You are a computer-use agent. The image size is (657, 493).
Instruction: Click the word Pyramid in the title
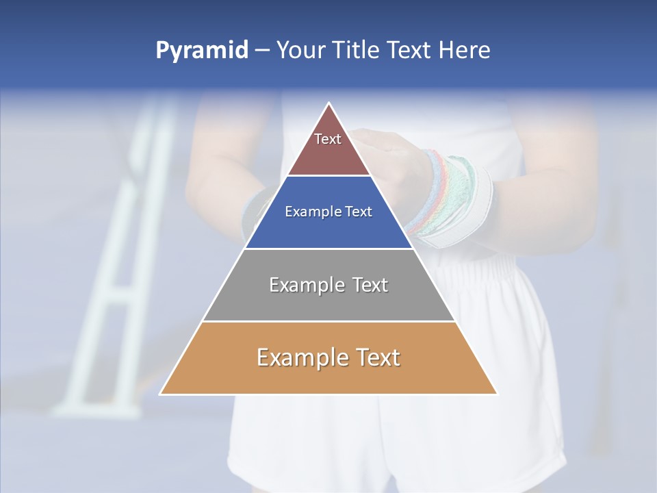click(x=202, y=50)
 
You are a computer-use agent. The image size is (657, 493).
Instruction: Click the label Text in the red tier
click(x=328, y=140)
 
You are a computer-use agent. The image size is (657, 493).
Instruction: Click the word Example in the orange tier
click(x=300, y=357)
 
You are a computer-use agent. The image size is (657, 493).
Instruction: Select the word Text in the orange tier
click(x=377, y=357)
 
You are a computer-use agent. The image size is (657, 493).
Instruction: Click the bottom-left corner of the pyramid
click(x=162, y=393)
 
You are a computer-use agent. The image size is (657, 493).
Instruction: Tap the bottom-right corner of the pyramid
click(x=496, y=393)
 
